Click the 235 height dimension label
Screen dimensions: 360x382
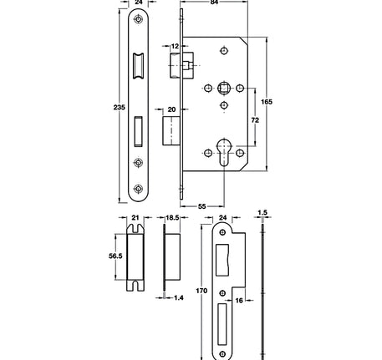point(120,108)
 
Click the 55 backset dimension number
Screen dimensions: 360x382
point(203,205)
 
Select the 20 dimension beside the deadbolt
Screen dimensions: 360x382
point(171,109)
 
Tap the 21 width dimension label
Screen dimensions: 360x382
point(135,218)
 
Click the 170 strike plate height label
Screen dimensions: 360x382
point(201,293)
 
